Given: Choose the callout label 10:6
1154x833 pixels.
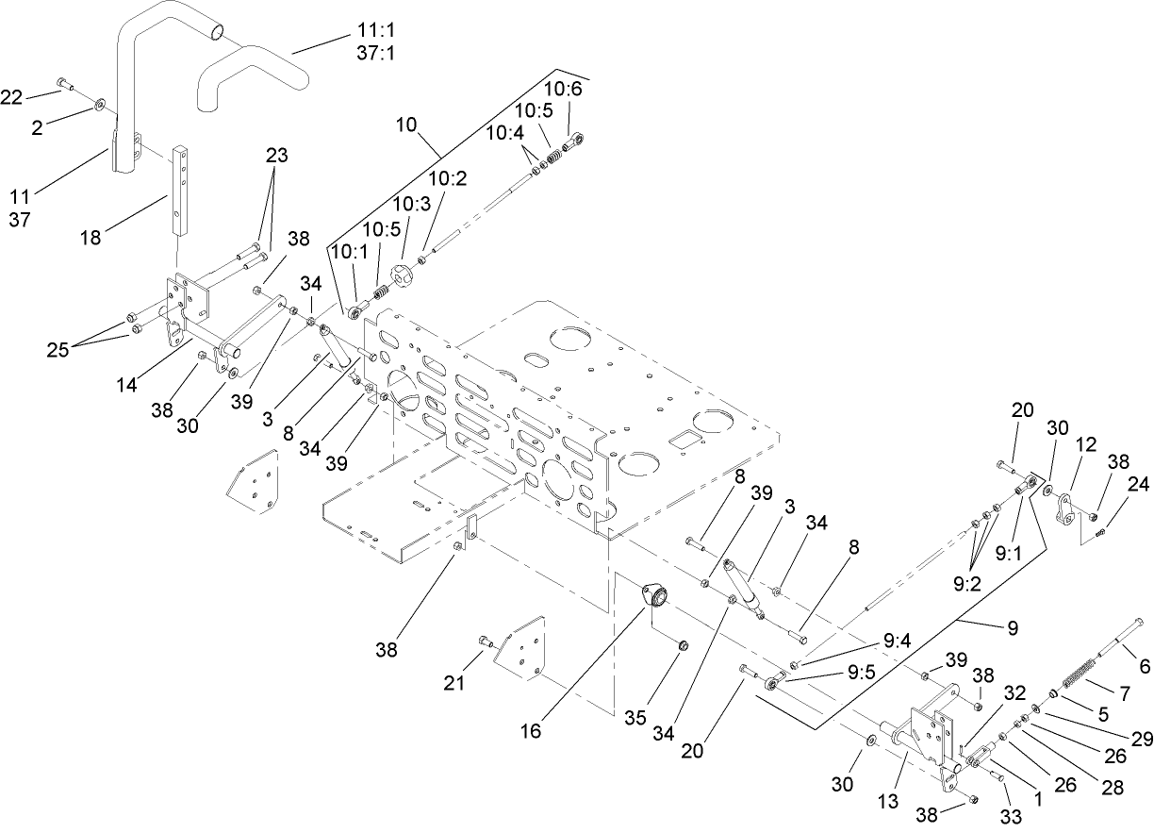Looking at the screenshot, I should click(564, 89).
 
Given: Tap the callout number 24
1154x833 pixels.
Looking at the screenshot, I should click(1139, 485).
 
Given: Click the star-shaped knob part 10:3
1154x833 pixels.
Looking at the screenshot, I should click(403, 277).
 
